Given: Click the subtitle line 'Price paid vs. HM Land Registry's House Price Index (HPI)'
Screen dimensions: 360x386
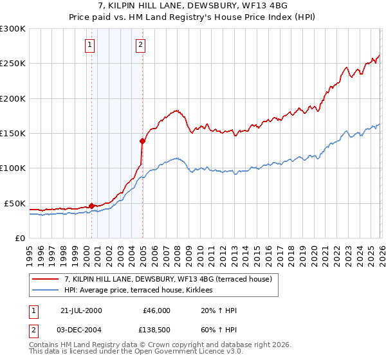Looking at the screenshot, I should point(193,17).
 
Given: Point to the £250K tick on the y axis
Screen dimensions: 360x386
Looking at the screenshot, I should point(13,64).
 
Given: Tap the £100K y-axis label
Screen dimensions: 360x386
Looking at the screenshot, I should point(13,168).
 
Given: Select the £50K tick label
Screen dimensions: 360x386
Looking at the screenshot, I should point(15,203).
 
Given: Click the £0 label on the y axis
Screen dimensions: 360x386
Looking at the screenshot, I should point(21,238).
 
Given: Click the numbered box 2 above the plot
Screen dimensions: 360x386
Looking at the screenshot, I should point(140,45).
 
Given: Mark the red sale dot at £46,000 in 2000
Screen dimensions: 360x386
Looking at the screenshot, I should point(91,206).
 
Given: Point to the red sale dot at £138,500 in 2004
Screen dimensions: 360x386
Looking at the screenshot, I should point(142,141).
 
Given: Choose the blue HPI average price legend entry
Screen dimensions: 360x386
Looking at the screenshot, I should point(143,291).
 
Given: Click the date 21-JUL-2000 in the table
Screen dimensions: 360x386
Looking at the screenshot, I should point(81,310).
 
